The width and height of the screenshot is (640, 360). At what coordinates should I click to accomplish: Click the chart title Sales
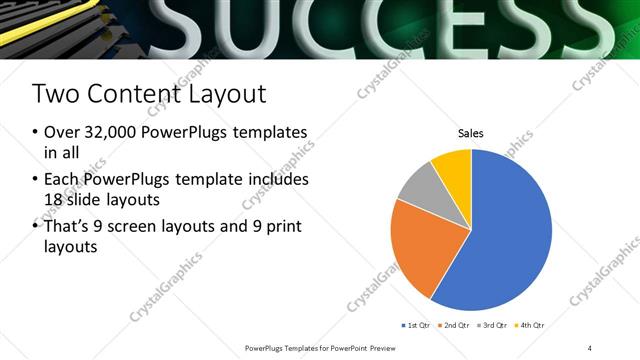tap(471, 132)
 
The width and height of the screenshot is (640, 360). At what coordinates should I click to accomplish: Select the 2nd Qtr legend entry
tap(455, 326)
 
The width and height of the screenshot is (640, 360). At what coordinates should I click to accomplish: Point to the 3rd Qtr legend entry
tap(493, 326)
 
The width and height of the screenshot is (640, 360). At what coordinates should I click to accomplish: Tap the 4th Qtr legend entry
tap(531, 326)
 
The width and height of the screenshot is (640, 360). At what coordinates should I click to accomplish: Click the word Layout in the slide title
tap(227, 95)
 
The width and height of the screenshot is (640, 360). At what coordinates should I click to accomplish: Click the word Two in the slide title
tap(52, 95)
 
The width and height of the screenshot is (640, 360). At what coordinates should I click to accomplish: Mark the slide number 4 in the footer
tap(589, 348)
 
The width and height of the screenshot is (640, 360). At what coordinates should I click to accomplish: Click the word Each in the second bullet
tap(63, 180)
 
